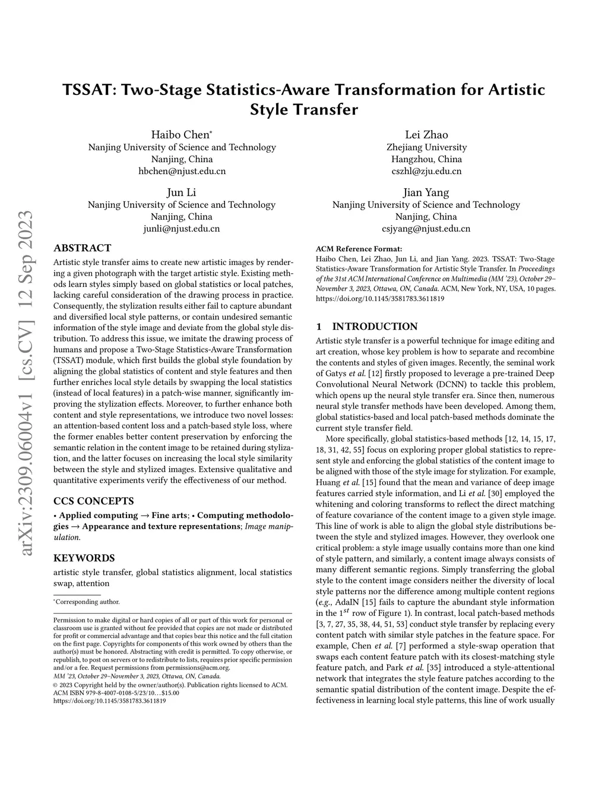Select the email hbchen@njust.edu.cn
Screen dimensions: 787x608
[182, 171]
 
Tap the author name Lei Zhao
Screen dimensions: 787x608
[426, 135]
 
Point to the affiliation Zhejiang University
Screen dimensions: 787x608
[426, 147]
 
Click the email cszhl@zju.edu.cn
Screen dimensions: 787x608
[426, 171]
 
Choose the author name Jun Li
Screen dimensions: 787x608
[181, 192]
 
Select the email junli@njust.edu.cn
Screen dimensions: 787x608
[182, 229]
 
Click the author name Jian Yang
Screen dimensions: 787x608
[426, 192]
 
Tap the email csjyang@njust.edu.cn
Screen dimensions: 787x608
[426, 229]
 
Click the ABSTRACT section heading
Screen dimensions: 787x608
[82, 248]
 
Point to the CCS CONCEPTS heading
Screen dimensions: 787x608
[93, 501]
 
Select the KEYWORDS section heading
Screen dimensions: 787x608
[84, 558]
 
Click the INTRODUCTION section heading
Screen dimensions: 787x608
[375, 327]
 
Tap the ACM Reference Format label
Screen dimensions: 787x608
[359, 249]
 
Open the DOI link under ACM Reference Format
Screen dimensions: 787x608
[380, 299]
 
